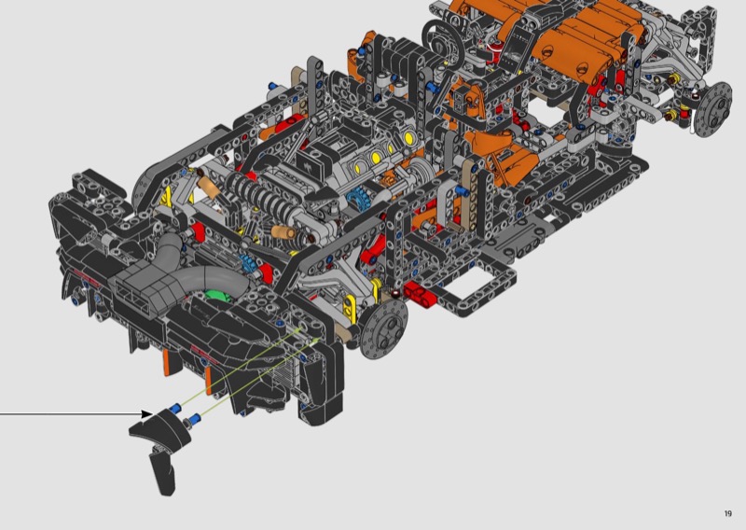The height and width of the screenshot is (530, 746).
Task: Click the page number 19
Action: pos(728,513)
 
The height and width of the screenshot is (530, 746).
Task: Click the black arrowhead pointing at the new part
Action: pos(147,413)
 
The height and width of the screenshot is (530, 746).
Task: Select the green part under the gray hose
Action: pos(219,295)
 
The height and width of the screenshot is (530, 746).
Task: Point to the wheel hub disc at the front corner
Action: pos(383,328)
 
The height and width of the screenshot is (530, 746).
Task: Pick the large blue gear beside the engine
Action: pos(357,199)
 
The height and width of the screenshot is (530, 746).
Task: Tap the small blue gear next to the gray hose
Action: pos(247,263)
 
